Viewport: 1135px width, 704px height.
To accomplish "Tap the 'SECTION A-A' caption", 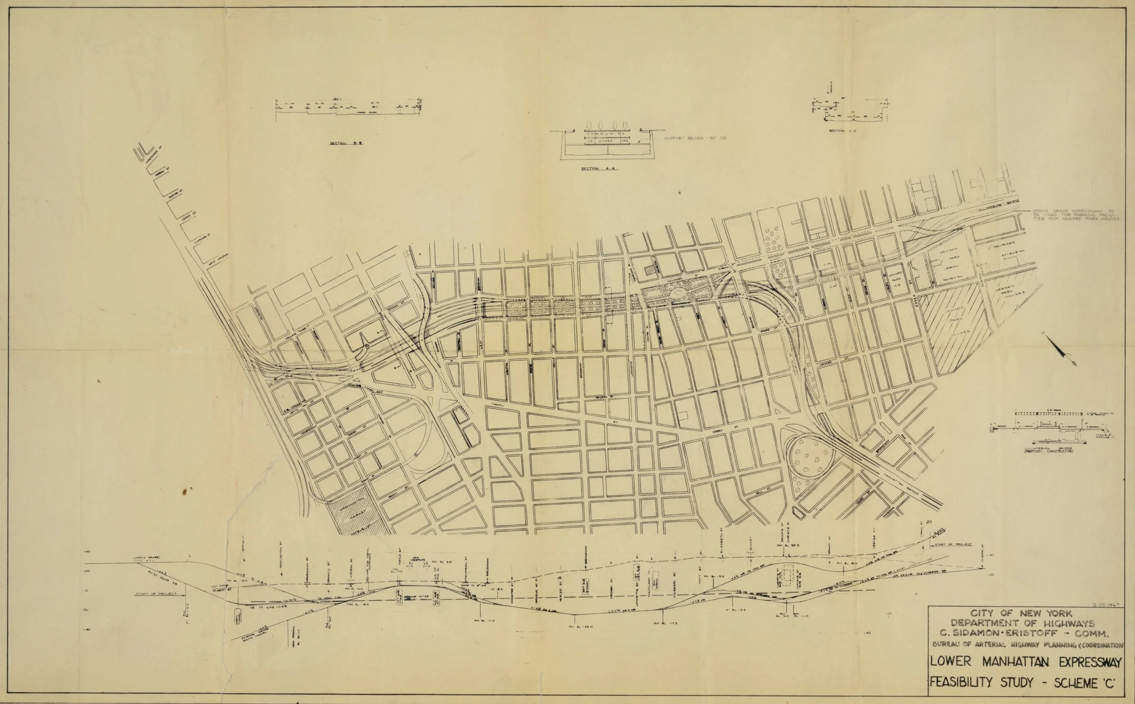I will (x=598, y=168).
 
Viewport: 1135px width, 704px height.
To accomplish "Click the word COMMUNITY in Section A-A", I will (x=600, y=134).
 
